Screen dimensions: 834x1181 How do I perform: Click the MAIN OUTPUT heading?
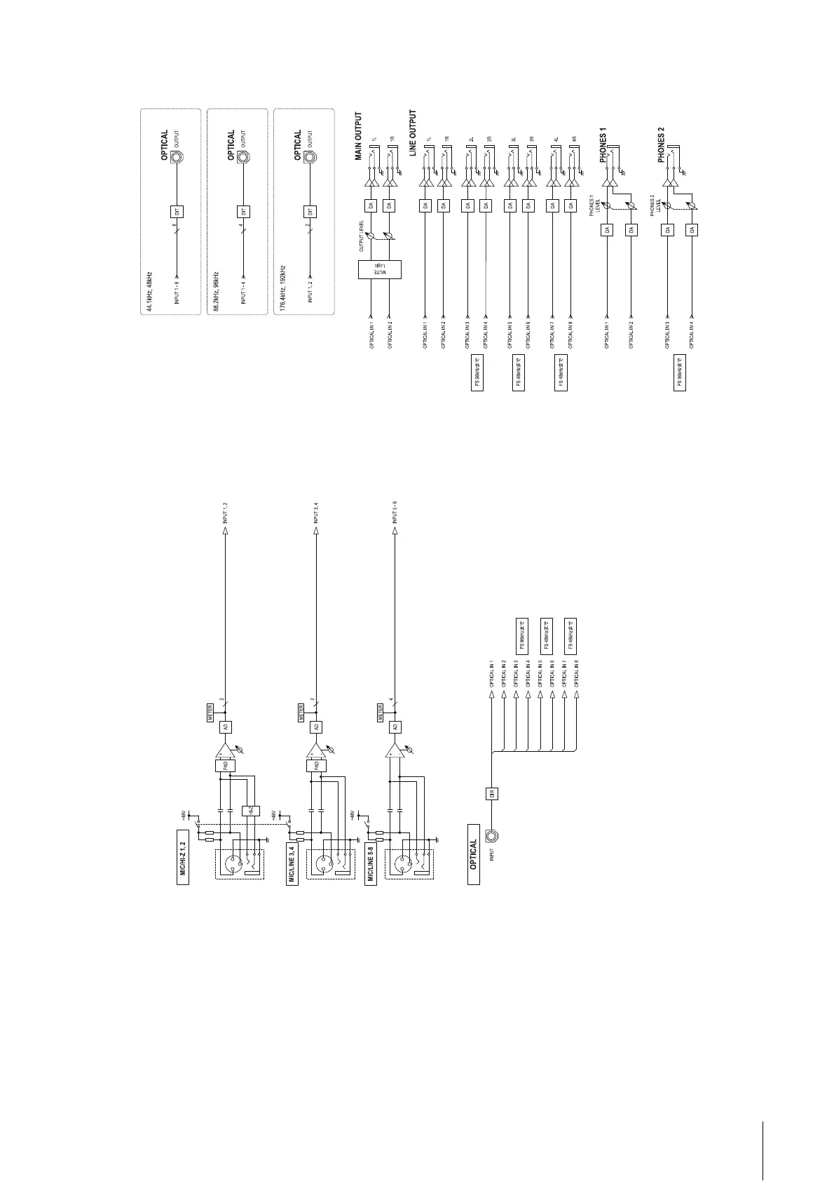pyautogui.click(x=359, y=136)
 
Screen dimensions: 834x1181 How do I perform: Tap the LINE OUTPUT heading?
pyautogui.click(x=413, y=133)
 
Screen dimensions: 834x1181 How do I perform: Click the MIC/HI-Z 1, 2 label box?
pyautogui.click(x=183, y=858)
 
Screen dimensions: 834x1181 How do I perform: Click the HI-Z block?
pyautogui.click(x=250, y=811)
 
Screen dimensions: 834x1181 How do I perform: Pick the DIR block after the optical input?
pyautogui.click(x=492, y=793)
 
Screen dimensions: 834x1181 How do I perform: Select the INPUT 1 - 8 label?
pyautogui.click(x=177, y=290)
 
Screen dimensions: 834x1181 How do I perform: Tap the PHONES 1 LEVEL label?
pyautogui.click(x=594, y=205)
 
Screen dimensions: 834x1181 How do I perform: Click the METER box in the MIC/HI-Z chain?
pyautogui.click(x=210, y=713)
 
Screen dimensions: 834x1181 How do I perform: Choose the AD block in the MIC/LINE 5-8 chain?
pyautogui.click(x=395, y=727)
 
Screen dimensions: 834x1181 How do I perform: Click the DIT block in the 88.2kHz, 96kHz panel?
pyautogui.click(x=243, y=211)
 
